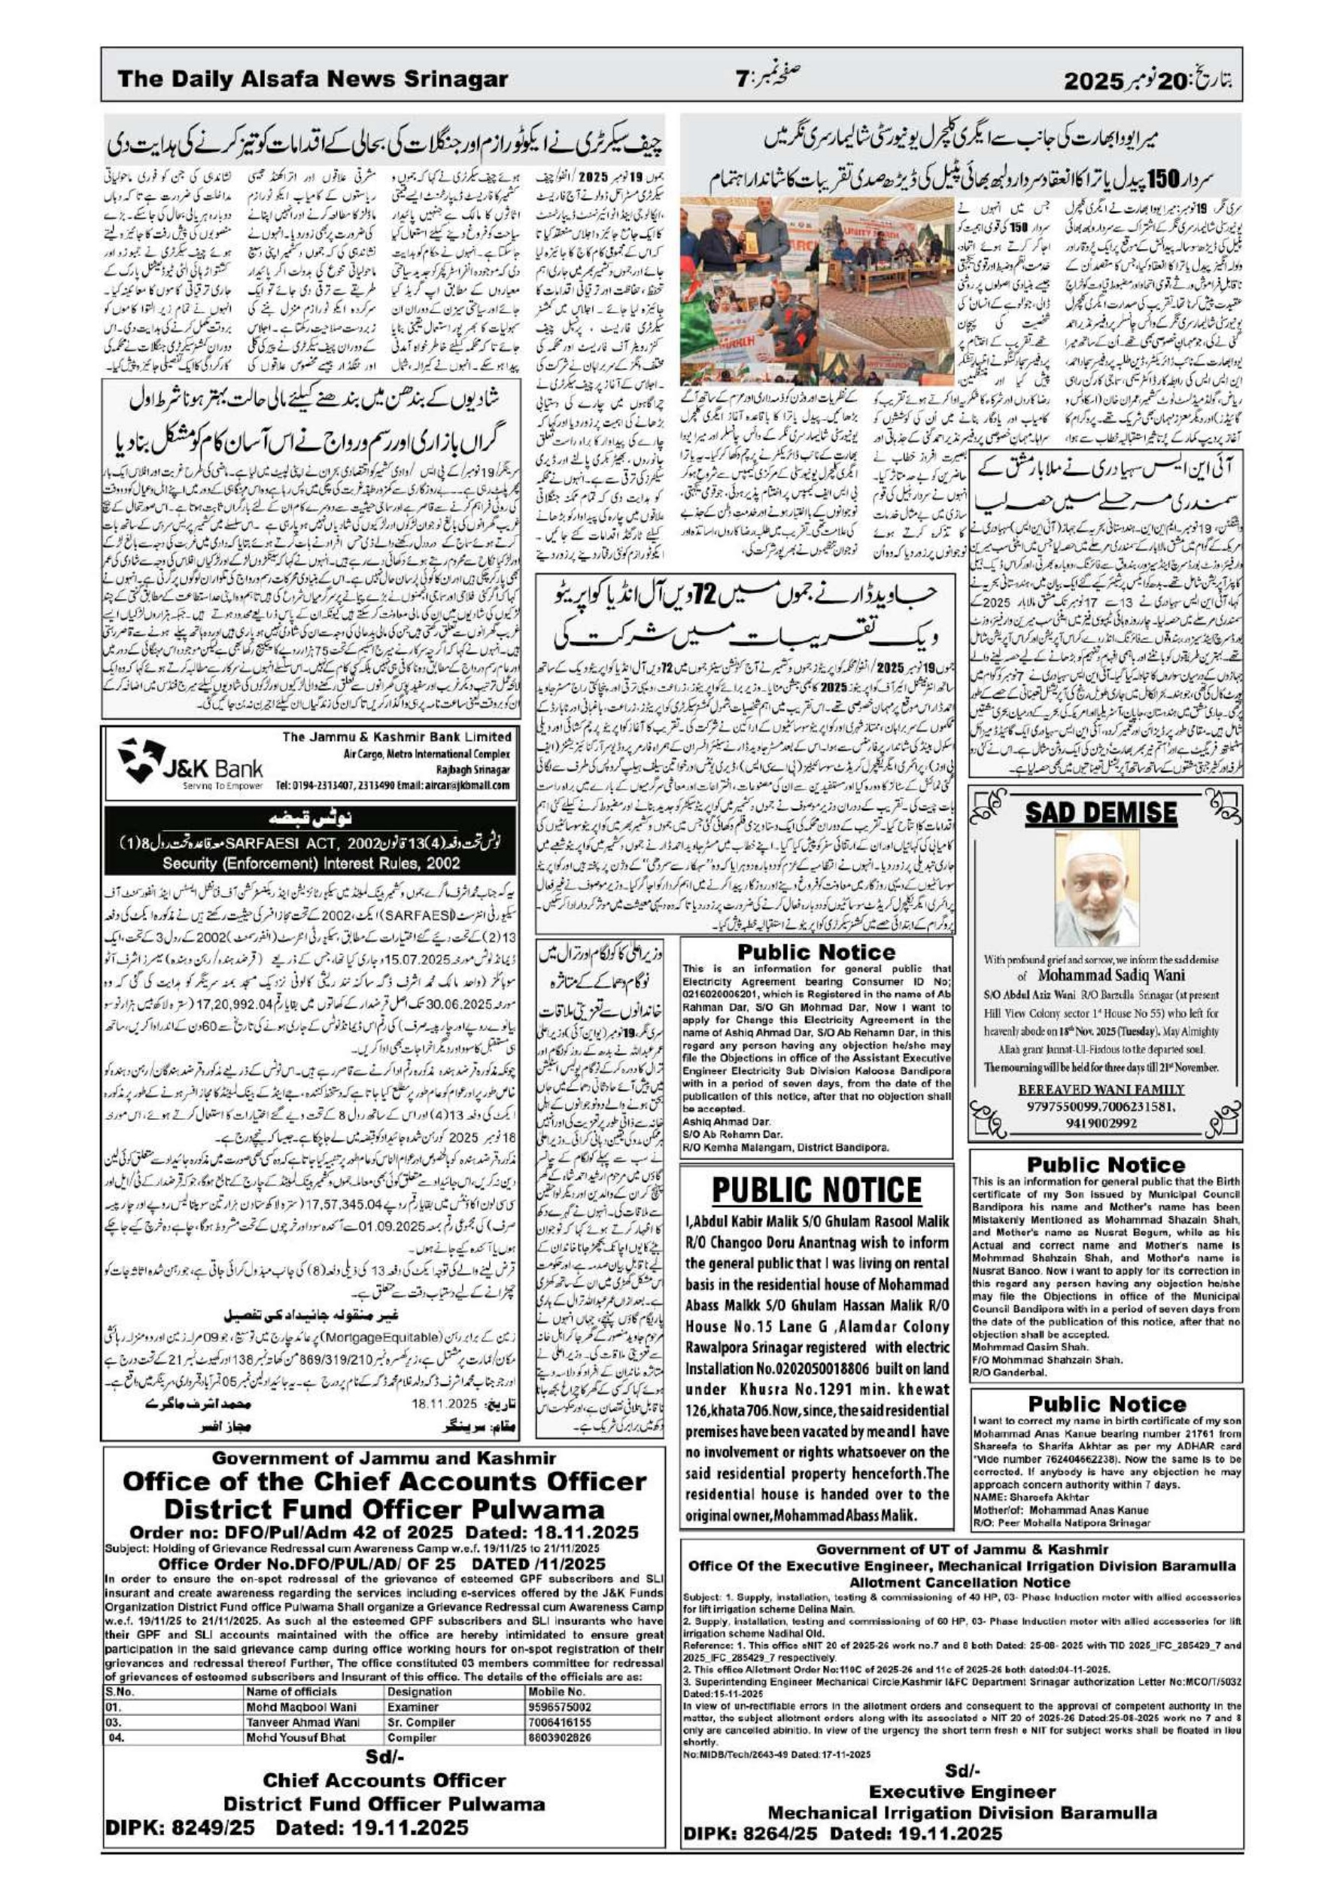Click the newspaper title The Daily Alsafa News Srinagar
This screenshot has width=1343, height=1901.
coord(312,80)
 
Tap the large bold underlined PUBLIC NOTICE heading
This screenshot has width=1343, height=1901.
coord(816,1191)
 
